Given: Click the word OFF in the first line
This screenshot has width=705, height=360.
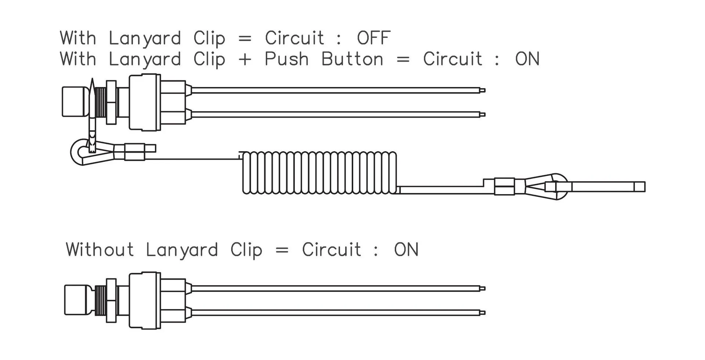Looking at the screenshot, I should click(x=373, y=38).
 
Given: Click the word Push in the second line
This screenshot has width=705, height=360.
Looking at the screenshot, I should click(x=286, y=59).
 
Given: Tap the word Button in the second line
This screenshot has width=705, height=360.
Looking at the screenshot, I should click(x=352, y=59).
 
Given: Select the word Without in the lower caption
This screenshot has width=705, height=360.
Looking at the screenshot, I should click(x=100, y=250).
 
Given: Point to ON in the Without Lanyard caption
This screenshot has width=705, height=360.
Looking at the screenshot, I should click(x=406, y=250).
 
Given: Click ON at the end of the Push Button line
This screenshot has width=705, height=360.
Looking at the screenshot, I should click(x=527, y=59).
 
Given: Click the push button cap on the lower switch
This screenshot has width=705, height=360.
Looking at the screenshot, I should click(x=77, y=300).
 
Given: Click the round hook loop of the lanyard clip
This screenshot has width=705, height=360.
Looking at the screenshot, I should click(x=78, y=152).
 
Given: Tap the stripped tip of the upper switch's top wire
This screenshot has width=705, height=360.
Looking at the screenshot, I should click(x=483, y=90).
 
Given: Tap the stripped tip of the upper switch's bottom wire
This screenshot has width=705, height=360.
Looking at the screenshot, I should click(x=483, y=114).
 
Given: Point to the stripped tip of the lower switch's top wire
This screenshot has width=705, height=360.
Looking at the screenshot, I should click(x=483, y=288).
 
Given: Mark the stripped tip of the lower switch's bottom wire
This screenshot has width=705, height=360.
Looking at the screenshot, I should click(x=483, y=313).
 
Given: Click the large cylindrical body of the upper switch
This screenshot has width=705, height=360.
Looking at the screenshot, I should click(x=145, y=102).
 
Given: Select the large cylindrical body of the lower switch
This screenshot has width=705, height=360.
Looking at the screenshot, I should click(x=145, y=301).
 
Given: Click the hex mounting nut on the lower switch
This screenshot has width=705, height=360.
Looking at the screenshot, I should click(x=111, y=301).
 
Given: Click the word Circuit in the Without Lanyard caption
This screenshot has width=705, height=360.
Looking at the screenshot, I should click(x=331, y=250).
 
